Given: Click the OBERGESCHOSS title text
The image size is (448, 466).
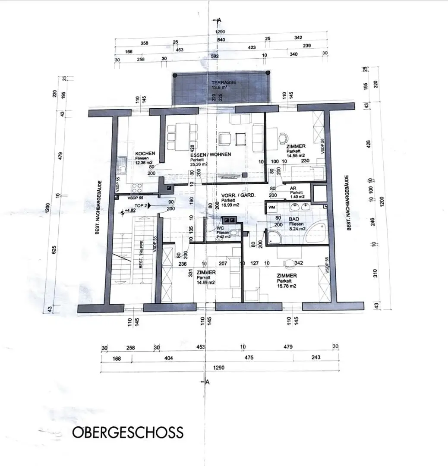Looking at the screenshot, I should coord(128,432).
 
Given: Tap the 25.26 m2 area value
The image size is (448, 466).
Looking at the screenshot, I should coord(199,164).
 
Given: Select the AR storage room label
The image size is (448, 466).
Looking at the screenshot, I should coord(293,188).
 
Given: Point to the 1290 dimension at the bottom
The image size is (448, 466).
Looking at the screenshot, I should coord(218,368).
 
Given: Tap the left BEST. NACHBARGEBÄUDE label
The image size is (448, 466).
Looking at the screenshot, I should coord(99,207).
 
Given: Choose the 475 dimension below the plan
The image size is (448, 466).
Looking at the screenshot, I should coord(249,358).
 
